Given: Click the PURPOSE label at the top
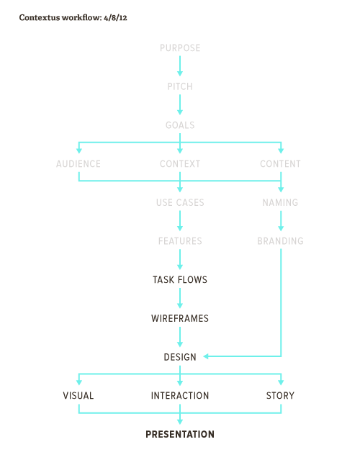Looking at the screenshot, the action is click(180, 48).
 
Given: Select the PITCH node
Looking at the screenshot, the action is click(180, 86).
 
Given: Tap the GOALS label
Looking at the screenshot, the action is click(180, 125).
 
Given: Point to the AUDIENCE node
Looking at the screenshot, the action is click(78, 163).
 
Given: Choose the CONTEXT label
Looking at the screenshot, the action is click(180, 163).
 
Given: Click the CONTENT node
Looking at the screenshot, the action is click(280, 163).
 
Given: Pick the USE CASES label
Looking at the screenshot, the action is click(180, 202).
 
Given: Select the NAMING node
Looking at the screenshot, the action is click(280, 202).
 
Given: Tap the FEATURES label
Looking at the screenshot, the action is click(180, 241).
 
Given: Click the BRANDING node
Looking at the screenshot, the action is click(280, 241).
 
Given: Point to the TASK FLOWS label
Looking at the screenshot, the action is click(180, 280).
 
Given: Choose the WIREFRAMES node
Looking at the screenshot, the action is click(180, 318).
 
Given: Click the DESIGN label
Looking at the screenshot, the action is click(180, 357).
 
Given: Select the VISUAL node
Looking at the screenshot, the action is click(78, 396).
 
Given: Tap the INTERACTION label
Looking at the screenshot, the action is click(180, 396).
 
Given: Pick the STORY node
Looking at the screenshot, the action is click(280, 396).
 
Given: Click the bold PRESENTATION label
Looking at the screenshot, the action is click(180, 435).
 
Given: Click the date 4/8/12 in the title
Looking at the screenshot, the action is click(115, 18).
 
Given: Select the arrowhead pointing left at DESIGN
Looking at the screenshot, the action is click(206, 356).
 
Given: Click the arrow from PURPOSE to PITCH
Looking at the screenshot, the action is click(180, 66).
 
